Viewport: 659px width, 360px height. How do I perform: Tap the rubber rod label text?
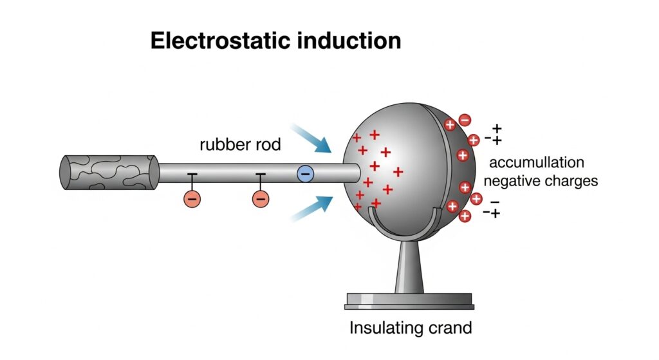click(240, 145)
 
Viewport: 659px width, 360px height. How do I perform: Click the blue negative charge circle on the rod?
click(305, 173)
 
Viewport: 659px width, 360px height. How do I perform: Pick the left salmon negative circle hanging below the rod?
click(192, 198)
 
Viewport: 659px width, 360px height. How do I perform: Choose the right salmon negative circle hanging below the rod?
click(260, 198)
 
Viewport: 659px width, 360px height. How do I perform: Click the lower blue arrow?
click(311, 208)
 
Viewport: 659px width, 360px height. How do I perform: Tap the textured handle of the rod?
click(109, 173)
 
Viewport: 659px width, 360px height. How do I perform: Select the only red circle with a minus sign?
click(465, 120)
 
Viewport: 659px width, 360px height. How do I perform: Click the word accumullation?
click(537, 162)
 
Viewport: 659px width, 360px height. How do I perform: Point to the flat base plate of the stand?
click(409, 299)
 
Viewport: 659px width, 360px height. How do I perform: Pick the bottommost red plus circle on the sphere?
click(463, 216)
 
